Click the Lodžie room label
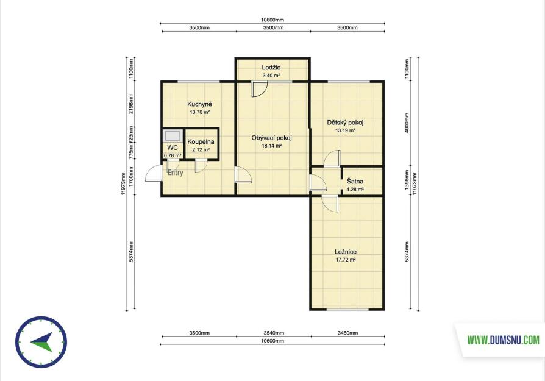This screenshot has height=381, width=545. pos(271,68)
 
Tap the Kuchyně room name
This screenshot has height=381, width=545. pos(199,104)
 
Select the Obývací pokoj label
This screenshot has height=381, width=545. pos(271,138)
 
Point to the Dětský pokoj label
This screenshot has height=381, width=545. pos(345,123)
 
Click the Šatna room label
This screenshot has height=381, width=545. pos(355,182)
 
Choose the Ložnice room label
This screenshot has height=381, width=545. pos(346,252)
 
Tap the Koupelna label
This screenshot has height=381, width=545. pos(201,142)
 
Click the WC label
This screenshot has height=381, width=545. pos(173,148)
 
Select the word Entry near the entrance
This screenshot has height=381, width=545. pos(175,173)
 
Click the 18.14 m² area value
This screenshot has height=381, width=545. pos(271,146)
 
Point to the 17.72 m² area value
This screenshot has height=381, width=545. pos(346,260)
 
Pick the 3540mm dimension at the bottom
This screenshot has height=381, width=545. pos(274,333)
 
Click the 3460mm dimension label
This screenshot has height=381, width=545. pos(347,333)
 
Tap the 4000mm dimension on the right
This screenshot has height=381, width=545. pos(407,123)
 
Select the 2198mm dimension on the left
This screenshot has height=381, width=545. pos(131,104)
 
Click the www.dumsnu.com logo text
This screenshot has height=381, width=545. pos(503,340)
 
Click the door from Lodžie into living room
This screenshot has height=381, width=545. pos(259,88)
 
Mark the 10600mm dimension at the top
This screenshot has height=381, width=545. pos(272,20)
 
